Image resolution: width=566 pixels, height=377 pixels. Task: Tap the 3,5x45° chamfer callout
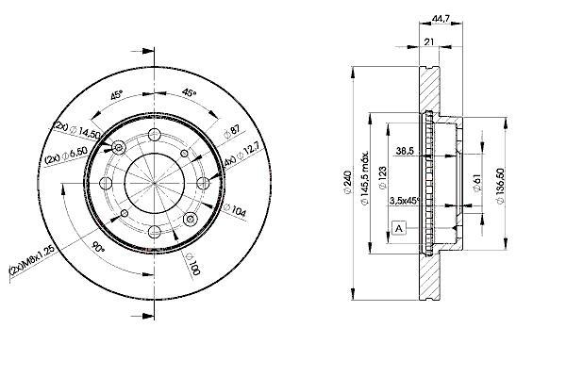pyautogui.click(x=404, y=201)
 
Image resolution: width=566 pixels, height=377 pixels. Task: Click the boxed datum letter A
pyautogui.click(x=399, y=229)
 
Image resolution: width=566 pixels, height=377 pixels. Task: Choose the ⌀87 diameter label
pyautogui.click(x=231, y=135)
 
